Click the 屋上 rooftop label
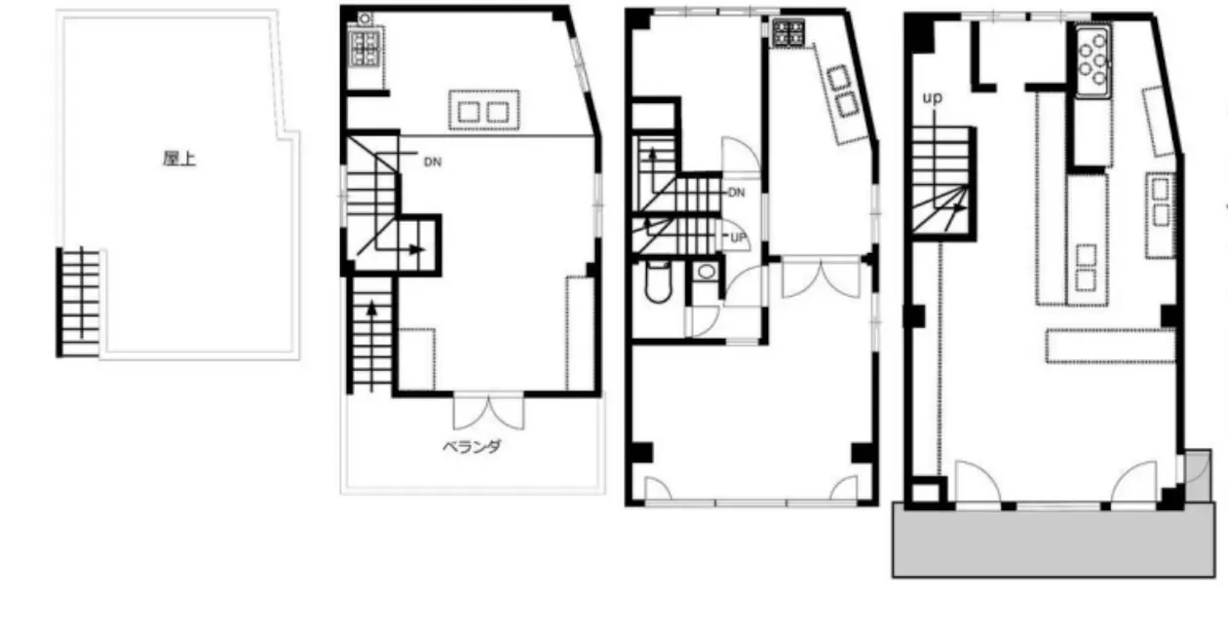179,159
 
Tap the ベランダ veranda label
472,447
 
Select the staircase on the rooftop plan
80,302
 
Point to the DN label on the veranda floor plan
433,162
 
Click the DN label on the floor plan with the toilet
736,193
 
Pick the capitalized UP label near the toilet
739,238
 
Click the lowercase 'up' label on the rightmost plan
932,98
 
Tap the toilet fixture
658,282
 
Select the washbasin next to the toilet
706,272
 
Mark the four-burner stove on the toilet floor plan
788,32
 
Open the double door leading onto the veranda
488,411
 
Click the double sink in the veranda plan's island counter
483,112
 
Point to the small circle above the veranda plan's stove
365,19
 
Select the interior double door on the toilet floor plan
821,277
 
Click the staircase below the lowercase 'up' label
940,182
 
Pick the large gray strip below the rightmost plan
1054,540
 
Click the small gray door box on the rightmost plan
1197,475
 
